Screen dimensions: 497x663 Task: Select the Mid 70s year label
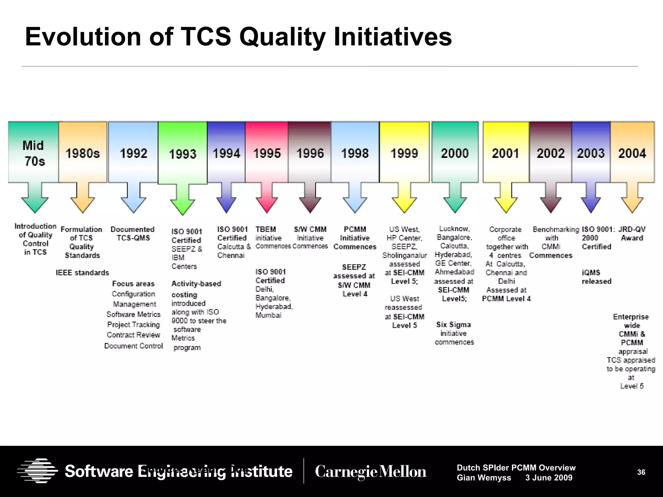34,153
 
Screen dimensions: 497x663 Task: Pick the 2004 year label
632,153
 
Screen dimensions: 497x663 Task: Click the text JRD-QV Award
632,234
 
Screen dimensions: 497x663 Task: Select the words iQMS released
596,277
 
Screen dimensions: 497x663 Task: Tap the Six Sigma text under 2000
453,325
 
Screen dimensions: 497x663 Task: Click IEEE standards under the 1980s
82,273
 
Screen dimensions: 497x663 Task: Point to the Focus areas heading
133,284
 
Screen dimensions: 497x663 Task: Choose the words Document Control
133,346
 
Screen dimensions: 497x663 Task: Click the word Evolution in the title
83,37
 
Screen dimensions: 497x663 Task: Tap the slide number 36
641,472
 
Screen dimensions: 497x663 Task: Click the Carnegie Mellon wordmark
371,471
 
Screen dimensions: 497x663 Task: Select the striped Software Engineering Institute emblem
38,471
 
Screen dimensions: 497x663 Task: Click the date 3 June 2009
549,478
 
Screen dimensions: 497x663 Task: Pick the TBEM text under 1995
266,229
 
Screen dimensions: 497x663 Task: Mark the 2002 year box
550,153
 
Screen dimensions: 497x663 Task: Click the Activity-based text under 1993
196,284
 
